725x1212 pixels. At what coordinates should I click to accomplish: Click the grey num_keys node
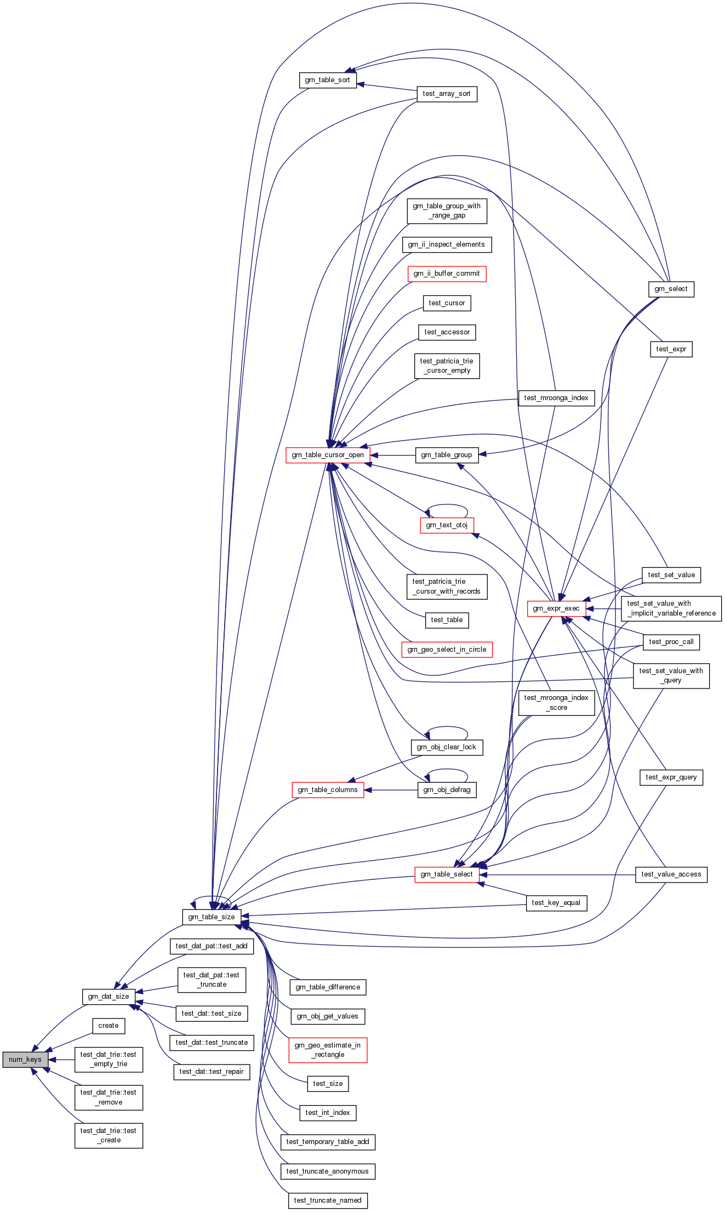(x=25, y=1059)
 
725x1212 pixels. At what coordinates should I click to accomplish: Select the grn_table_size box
(x=212, y=917)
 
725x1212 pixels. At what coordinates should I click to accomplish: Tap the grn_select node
(x=671, y=289)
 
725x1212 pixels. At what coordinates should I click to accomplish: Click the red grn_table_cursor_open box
(x=328, y=455)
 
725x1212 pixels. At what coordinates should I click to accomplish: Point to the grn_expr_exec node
(x=556, y=608)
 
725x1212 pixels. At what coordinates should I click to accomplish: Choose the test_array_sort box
(x=447, y=94)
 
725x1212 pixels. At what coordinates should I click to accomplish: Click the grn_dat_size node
(x=109, y=996)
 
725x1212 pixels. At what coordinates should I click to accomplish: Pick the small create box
(x=109, y=1026)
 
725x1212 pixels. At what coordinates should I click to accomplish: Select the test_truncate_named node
(x=328, y=1200)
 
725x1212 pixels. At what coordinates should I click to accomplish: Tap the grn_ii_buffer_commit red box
(x=447, y=274)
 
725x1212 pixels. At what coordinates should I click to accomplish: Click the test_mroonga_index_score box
(x=556, y=703)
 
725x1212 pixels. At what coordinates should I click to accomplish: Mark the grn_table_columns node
(x=328, y=790)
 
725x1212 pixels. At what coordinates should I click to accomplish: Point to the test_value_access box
(x=671, y=874)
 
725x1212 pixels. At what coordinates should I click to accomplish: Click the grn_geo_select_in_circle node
(x=447, y=650)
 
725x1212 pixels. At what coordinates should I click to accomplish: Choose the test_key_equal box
(x=556, y=903)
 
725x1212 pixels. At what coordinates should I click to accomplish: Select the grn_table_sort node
(x=328, y=80)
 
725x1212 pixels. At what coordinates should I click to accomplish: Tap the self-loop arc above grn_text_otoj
(x=447, y=505)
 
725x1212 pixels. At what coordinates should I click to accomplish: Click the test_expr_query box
(x=671, y=777)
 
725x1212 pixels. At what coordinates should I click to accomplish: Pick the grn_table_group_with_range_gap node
(x=447, y=211)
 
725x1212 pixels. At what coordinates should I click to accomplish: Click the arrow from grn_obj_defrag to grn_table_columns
(x=391, y=790)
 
